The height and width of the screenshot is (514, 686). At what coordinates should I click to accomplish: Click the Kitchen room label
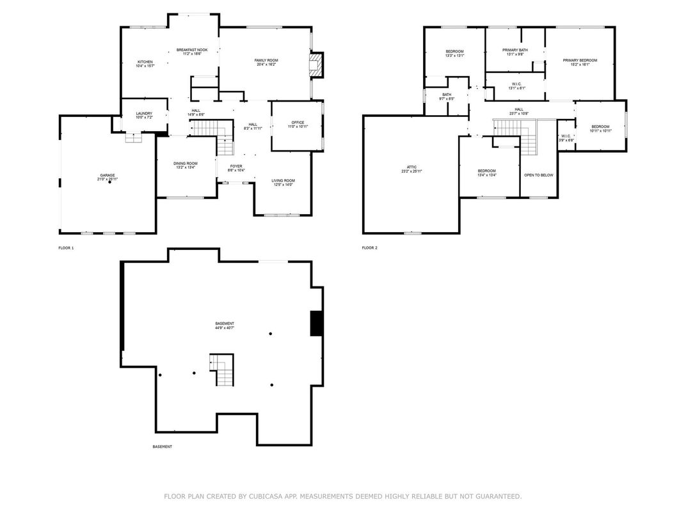[x=144, y=62]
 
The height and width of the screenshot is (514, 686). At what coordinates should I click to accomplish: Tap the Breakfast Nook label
[x=192, y=50]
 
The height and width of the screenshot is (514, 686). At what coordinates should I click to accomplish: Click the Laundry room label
[x=144, y=114]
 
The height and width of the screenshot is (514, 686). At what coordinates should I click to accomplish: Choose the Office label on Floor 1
[x=298, y=122]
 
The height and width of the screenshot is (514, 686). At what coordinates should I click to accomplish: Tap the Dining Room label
[x=186, y=164]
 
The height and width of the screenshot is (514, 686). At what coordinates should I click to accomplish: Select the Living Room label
[x=283, y=180]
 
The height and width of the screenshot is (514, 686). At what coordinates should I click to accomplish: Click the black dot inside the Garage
[x=109, y=183]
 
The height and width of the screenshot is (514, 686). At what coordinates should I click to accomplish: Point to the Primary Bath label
[x=515, y=50]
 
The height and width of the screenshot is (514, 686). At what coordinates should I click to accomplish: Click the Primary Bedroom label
[x=580, y=60]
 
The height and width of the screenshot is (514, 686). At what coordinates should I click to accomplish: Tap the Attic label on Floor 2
[x=411, y=167]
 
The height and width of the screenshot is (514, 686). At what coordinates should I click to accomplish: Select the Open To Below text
[x=538, y=175]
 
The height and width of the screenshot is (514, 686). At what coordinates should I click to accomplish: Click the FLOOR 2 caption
[x=369, y=247]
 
